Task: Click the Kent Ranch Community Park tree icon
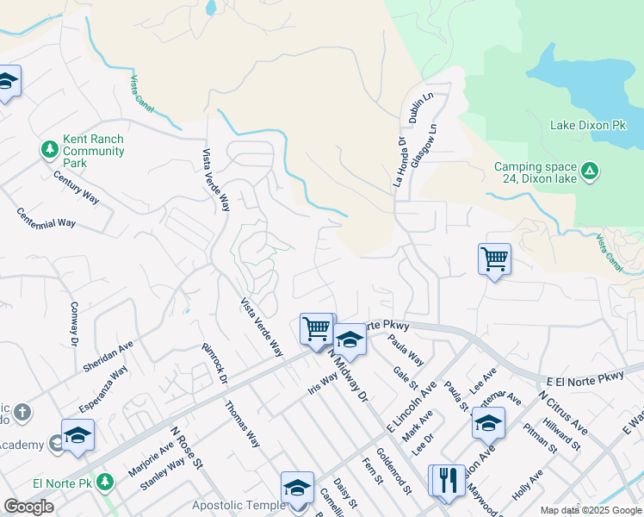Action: (x=50, y=150)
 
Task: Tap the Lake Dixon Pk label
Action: (x=588, y=126)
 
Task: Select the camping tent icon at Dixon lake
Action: (x=589, y=171)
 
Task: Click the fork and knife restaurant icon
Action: (x=445, y=480)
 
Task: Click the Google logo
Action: (x=28, y=507)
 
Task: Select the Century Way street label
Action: (x=77, y=187)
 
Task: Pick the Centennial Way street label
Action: (x=46, y=217)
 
